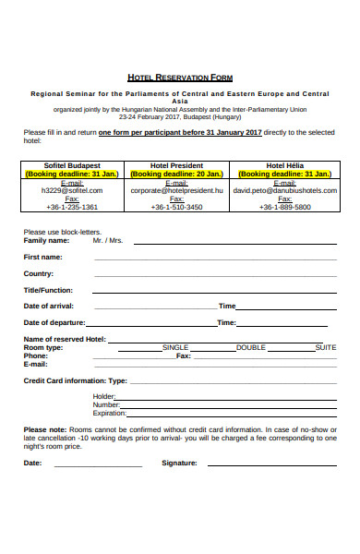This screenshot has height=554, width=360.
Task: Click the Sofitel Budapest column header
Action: pos(71,165)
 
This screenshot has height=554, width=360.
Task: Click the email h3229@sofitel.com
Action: pos(71,190)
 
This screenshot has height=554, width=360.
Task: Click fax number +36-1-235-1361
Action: pos(71,207)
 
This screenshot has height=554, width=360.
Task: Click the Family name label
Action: pos(46,240)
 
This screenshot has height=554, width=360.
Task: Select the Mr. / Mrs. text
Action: pos(108,240)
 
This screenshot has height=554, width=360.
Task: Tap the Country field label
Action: pos(38,273)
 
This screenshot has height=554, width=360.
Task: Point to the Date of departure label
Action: pos(54,322)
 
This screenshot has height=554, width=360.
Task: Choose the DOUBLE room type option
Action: pos(250,347)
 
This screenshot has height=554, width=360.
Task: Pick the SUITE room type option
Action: pos(326,347)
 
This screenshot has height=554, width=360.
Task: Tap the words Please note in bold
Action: pos(44,429)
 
